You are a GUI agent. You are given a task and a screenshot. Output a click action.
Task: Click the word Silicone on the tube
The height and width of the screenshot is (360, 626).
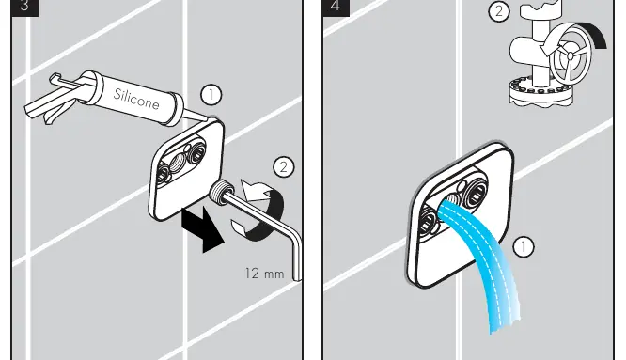point(136,99)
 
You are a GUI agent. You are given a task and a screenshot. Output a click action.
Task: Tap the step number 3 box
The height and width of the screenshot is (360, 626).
point(24,8)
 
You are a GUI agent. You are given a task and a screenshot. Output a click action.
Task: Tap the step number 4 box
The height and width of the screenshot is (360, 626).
point(336,8)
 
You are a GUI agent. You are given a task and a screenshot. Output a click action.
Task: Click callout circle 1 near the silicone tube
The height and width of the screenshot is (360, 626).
point(211,95)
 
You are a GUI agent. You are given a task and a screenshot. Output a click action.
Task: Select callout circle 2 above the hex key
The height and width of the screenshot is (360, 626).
point(284,166)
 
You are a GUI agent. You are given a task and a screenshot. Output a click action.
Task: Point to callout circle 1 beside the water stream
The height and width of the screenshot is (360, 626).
point(523,246)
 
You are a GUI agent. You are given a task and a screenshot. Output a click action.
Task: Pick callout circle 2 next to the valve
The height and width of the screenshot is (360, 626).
point(499,11)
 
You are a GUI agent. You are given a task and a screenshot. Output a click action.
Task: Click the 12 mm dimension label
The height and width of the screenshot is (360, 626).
point(264,274)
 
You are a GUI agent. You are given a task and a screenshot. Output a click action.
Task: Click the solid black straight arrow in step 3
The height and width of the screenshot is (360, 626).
point(202,229)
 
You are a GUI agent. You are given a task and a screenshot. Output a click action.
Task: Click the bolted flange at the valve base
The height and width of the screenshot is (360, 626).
point(541,94)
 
